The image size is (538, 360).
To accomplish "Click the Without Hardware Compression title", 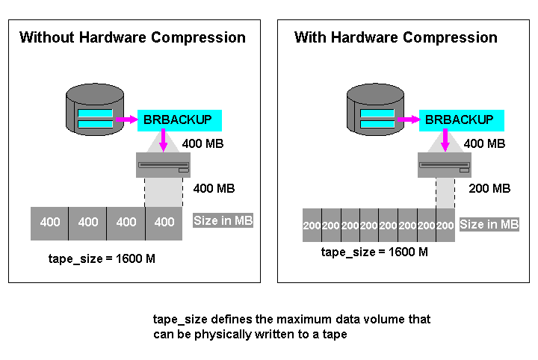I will [x=132, y=37].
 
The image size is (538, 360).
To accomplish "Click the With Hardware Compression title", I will [x=396, y=37].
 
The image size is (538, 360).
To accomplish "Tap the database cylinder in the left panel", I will [x=95, y=108].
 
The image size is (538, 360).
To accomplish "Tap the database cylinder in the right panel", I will [x=377, y=108].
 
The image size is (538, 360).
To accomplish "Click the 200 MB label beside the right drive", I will [x=489, y=188].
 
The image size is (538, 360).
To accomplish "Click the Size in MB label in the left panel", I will [x=223, y=220].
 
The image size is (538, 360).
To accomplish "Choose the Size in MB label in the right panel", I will [x=489, y=224].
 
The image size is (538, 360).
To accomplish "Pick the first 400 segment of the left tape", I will [x=50, y=222].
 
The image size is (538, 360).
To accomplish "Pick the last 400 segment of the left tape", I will [x=164, y=222].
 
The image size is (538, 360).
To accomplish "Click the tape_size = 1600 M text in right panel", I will [x=374, y=252].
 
